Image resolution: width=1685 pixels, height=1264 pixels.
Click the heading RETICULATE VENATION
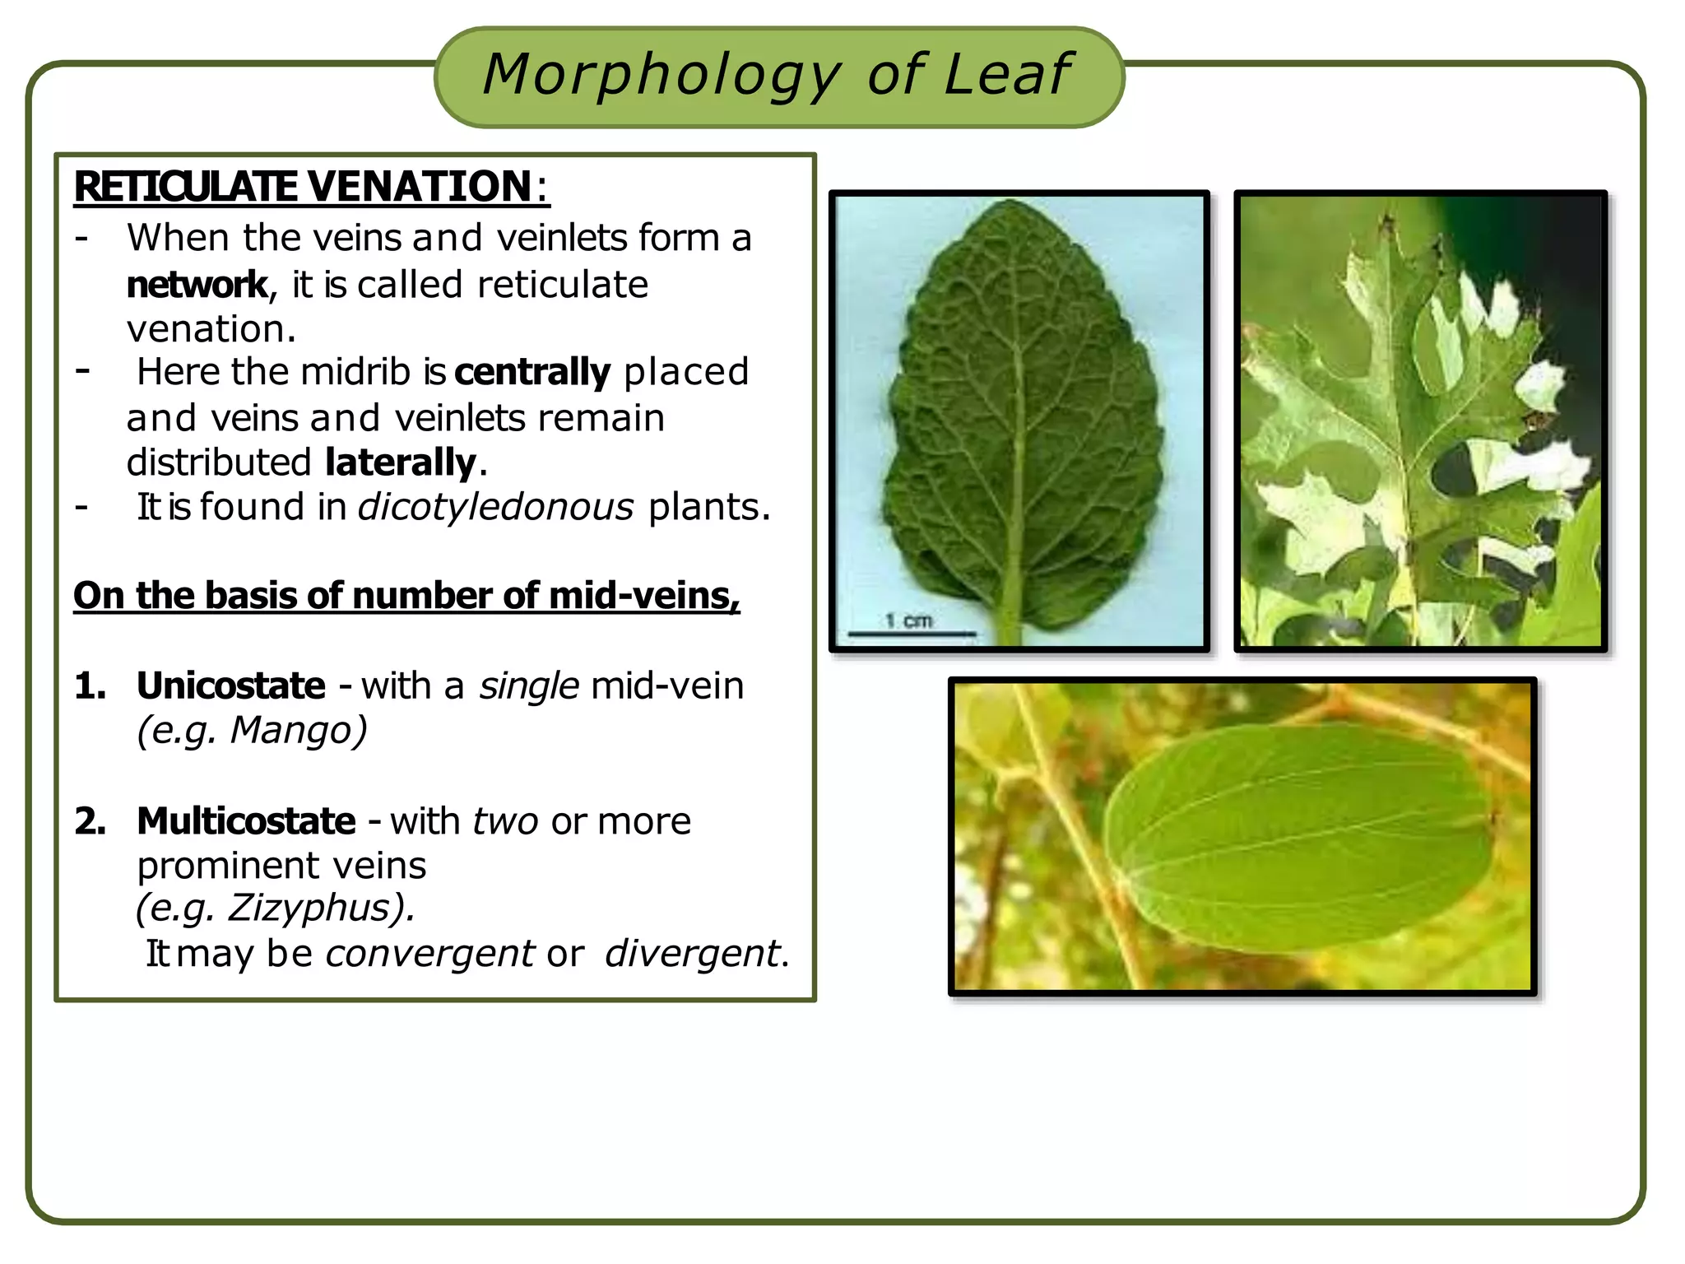(x=304, y=187)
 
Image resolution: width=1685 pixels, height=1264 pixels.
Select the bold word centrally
(x=531, y=372)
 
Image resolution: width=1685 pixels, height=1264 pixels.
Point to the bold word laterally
(x=400, y=462)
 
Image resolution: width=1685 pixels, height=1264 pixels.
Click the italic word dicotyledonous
(x=496, y=507)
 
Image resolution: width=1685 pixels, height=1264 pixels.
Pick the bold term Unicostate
(x=231, y=685)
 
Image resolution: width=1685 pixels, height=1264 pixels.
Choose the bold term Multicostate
(x=246, y=821)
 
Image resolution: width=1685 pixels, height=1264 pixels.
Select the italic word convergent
(x=430, y=954)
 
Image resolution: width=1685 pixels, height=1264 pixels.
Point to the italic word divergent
(x=692, y=954)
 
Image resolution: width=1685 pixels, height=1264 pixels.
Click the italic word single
(x=529, y=685)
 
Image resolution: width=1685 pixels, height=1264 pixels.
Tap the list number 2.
(x=90, y=821)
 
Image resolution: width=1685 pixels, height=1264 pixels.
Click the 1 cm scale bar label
(x=909, y=620)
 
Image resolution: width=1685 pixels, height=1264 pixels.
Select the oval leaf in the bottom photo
(x=1300, y=835)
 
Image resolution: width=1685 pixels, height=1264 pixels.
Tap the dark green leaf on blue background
(x=1020, y=420)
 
